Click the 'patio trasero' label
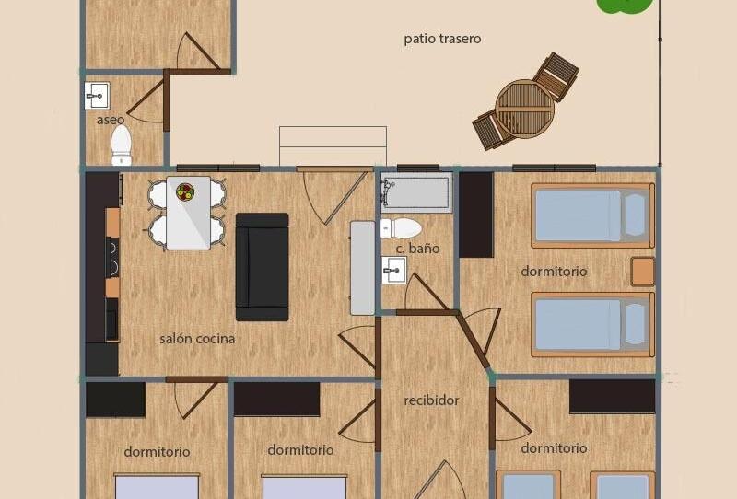pos(442,39)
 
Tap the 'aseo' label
pos(111,120)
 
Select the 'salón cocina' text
pos(197,339)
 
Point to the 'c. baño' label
pos(417,249)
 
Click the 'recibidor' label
pos(431,400)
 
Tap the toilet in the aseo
pos(122,144)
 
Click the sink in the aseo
pos(97,95)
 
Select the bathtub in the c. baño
pos(417,193)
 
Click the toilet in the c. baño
pos(402,228)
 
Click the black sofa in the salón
pos(262,267)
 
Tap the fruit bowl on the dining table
pos(185,192)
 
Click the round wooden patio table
pos(525,108)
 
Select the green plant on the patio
pos(626,5)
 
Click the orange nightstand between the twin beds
pos(643,272)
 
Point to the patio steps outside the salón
pos(333,146)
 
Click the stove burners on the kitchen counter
pos(112,257)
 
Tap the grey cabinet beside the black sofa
pos(363,268)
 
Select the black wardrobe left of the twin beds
pos(475,215)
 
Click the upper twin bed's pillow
pos(635,215)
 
